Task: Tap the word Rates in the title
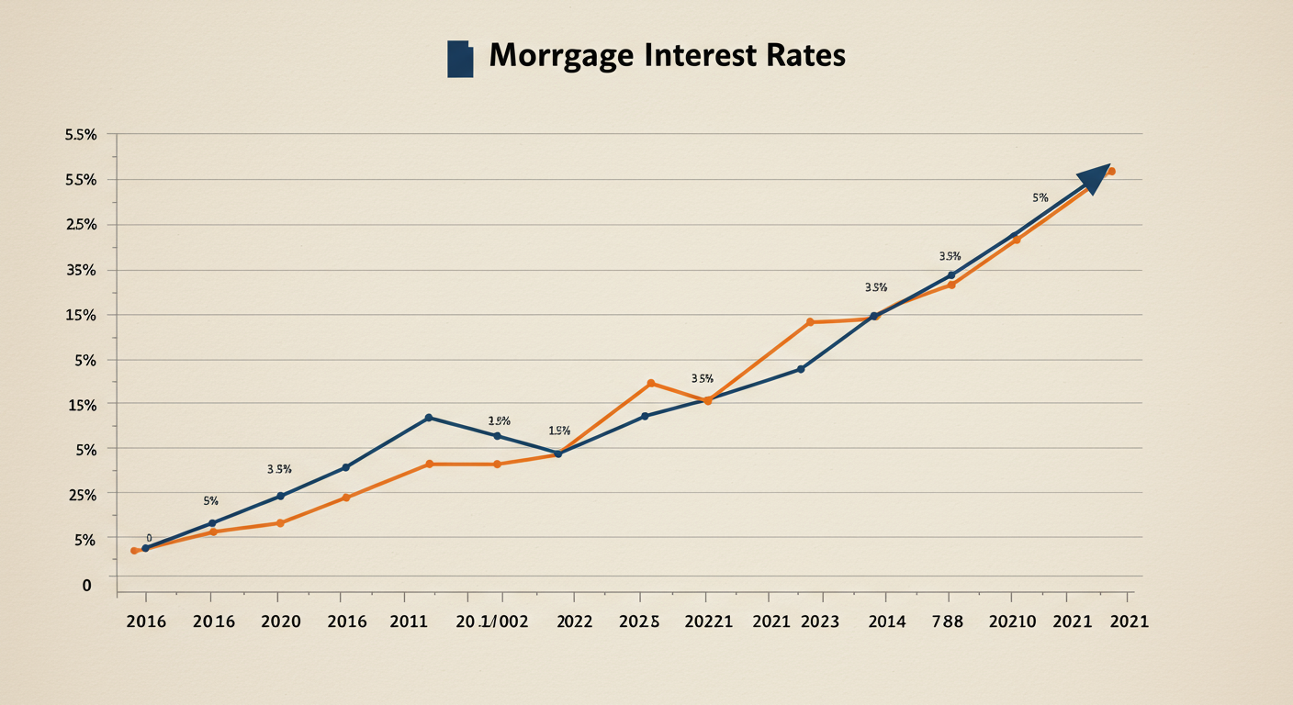[x=804, y=55]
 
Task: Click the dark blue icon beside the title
[x=459, y=59]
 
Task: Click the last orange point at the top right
[x=1111, y=172]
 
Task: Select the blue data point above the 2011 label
[x=429, y=418]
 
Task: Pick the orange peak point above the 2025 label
[x=651, y=383]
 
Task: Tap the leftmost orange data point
[x=134, y=551]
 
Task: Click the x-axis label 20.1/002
[x=491, y=621]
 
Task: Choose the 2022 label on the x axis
[x=575, y=621]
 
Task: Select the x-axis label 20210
[x=1012, y=621]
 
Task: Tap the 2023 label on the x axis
[x=819, y=621]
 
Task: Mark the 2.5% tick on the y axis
[x=81, y=225]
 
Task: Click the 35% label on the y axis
[x=81, y=270]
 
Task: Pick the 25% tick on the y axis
[x=81, y=495]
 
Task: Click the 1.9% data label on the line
[x=559, y=431]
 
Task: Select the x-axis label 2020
[x=281, y=621]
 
